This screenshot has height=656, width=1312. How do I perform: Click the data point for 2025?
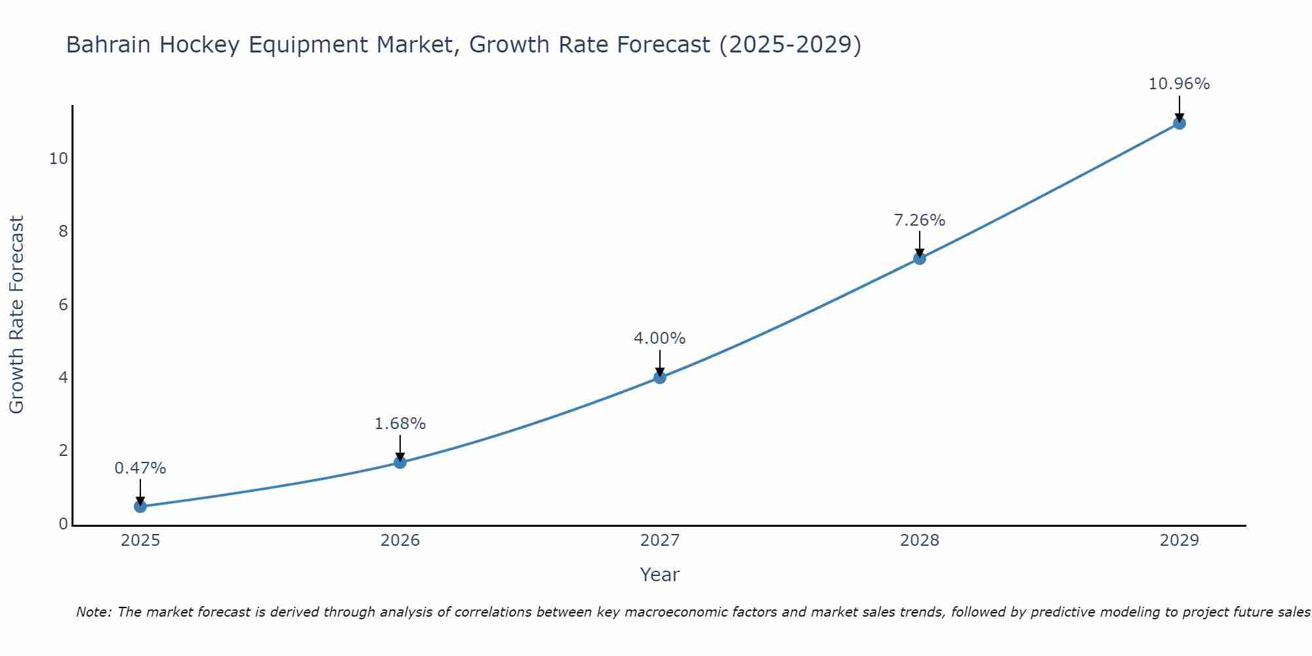(x=140, y=506)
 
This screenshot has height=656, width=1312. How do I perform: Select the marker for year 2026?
(x=400, y=462)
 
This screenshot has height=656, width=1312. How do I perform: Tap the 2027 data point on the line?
(x=659, y=377)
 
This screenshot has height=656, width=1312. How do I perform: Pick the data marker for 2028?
(x=919, y=258)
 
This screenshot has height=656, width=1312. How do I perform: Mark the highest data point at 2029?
(x=1179, y=123)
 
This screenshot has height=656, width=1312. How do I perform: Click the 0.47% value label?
(x=140, y=468)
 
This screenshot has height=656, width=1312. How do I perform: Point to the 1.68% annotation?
(x=400, y=424)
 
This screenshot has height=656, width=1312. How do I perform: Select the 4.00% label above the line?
(x=659, y=338)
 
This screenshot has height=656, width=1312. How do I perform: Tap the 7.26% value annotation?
(x=919, y=220)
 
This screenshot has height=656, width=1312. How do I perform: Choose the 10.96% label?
(x=1179, y=84)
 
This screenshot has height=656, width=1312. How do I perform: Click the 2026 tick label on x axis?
(x=400, y=541)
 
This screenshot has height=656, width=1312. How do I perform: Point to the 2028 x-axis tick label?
(x=919, y=541)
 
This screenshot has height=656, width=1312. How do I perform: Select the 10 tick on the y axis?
(x=58, y=159)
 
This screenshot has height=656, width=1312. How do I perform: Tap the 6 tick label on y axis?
(x=63, y=305)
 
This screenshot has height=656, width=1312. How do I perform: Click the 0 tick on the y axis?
(x=63, y=524)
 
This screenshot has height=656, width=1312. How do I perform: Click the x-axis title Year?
(x=659, y=575)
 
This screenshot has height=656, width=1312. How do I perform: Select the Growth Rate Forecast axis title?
(x=16, y=315)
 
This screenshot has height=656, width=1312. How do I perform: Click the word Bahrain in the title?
(x=108, y=45)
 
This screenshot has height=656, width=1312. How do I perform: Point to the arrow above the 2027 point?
(x=659, y=362)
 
